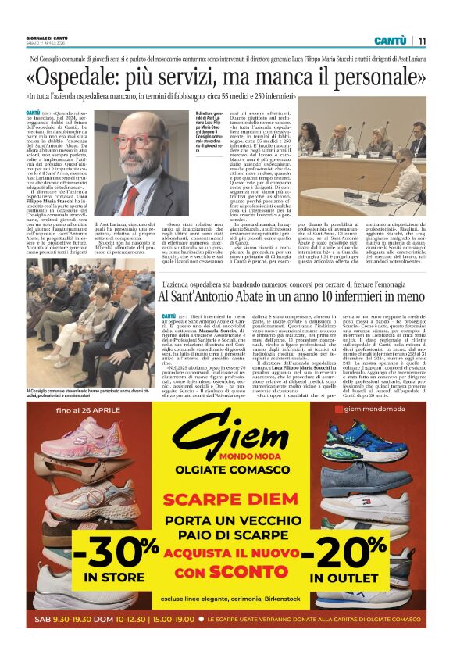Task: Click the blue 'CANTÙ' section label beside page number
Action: coord(390,41)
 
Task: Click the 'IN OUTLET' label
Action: coord(343,578)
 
